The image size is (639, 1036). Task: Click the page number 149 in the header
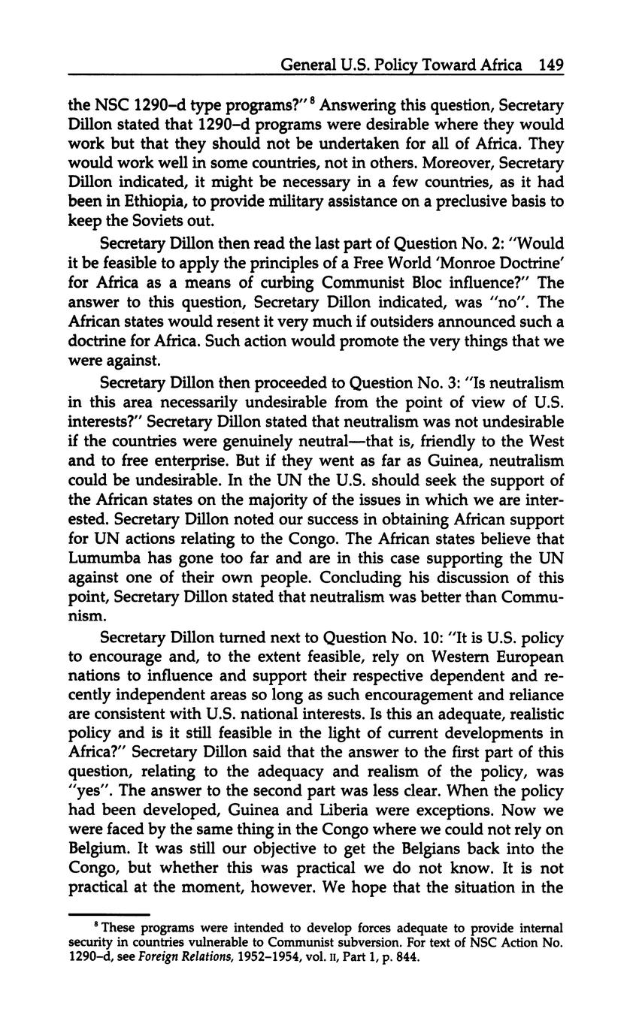pyautogui.click(x=551, y=65)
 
